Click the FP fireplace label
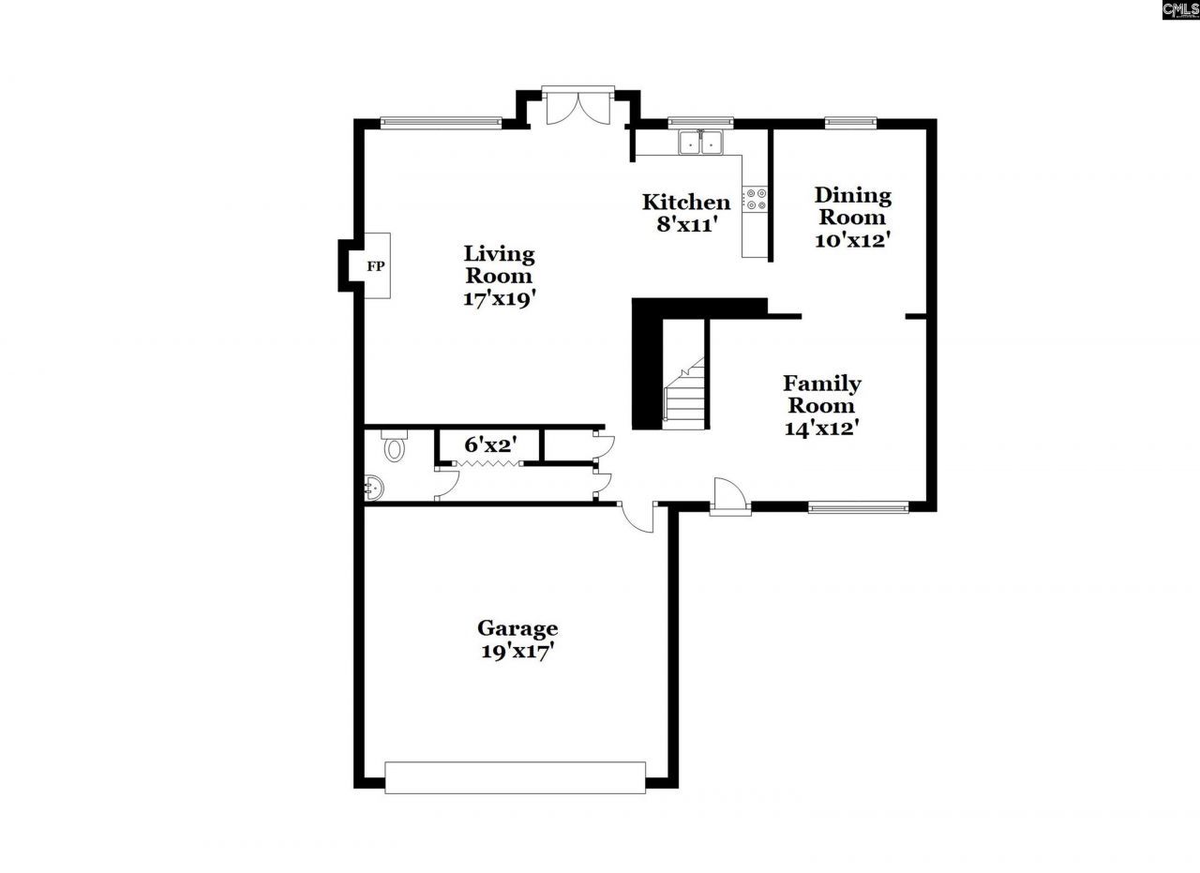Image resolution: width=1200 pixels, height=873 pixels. [x=376, y=266]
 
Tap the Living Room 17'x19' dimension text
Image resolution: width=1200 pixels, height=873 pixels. [x=499, y=299]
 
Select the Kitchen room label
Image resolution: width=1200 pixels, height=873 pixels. [x=685, y=203]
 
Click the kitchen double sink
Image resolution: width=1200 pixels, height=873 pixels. [x=701, y=143]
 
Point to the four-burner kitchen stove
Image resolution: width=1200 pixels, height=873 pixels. [x=756, y=199]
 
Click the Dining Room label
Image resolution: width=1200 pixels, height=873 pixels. [x=852, y=206]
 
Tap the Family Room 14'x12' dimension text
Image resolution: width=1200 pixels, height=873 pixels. [x=822, y=429]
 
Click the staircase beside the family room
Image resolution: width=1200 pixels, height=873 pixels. [x=684, y=394]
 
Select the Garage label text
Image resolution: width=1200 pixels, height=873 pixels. [x=517, y=628]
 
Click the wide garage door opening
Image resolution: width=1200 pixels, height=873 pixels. [x=515, y=777]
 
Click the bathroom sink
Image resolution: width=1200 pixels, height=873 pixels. [x=374, y=487]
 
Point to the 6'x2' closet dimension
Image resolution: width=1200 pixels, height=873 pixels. [x=490, y=444]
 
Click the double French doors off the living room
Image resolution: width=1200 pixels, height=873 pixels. [x=578, y=106]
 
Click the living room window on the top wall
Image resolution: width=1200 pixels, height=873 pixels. [x=441, y=121]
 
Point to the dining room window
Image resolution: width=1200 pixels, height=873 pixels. [x=850, y=121]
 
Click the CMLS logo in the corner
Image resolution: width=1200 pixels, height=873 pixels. [x=1179, y=9]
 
